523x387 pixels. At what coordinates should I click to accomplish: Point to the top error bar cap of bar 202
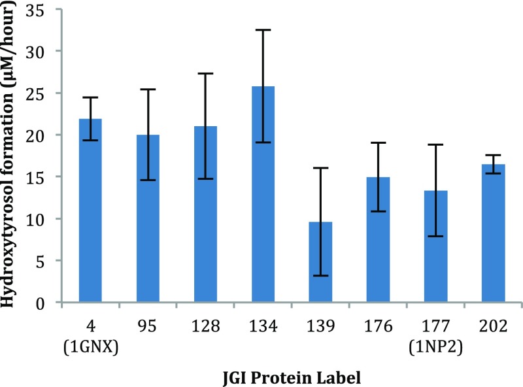(x=494, y=155)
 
